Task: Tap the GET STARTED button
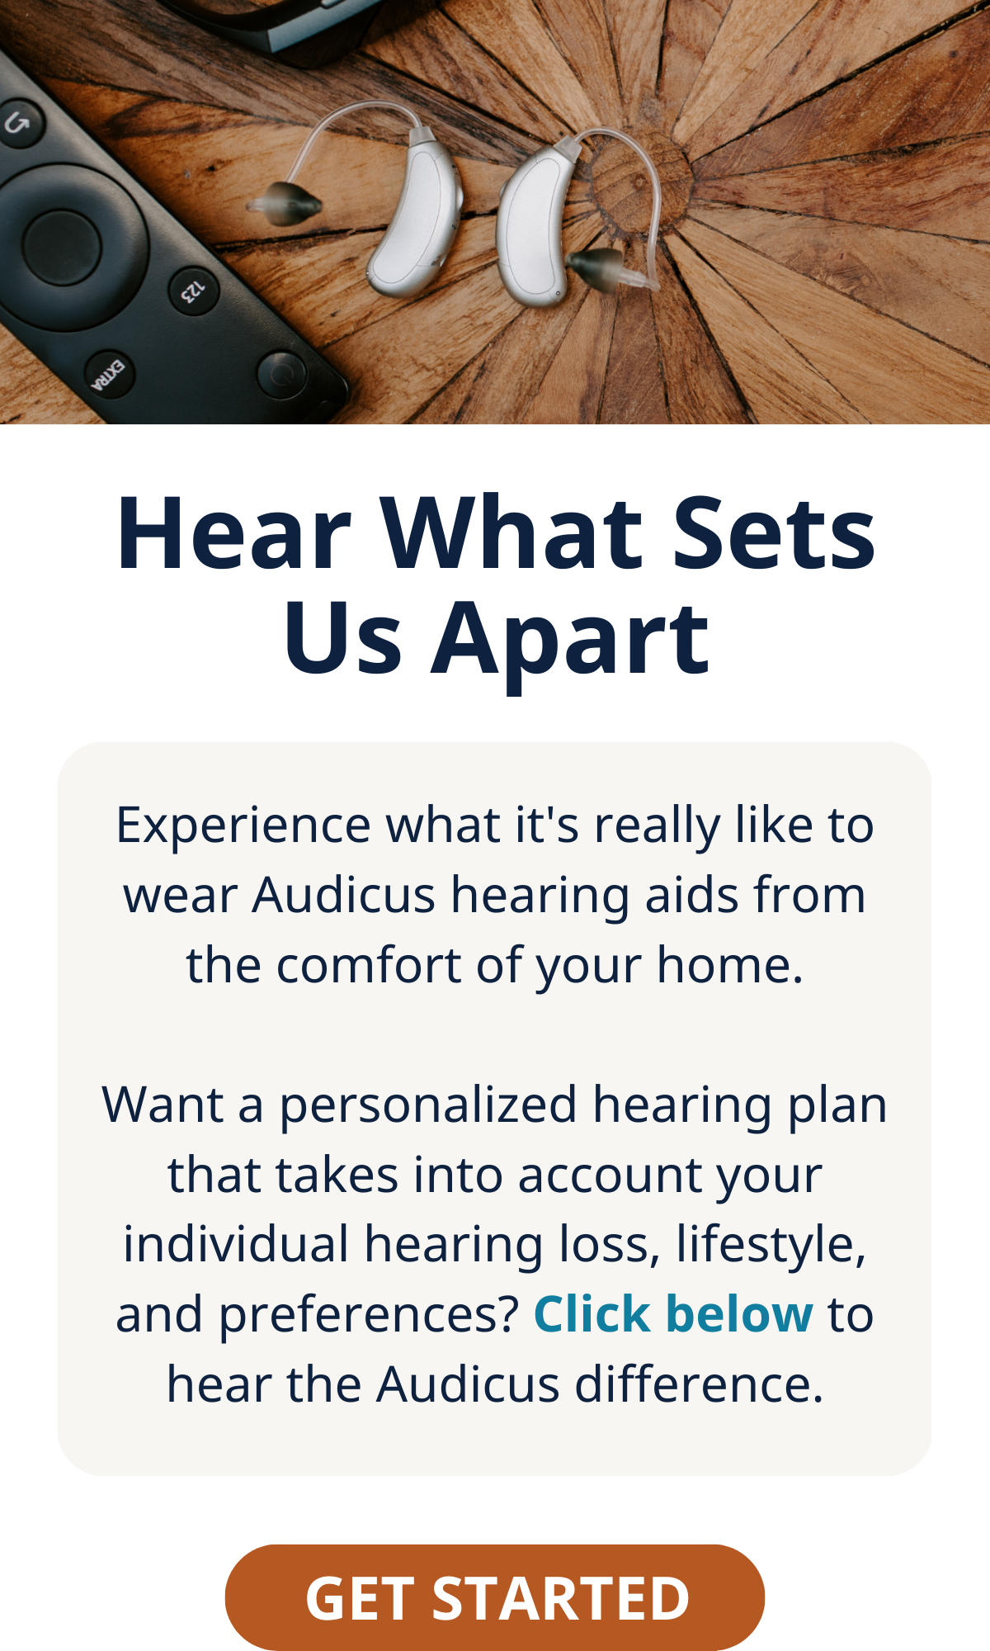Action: [495, 1597]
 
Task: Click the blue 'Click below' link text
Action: [673, 1314]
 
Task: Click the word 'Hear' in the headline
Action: [234, 533]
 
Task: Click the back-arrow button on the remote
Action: [18, 124]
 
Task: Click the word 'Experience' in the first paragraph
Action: [243, 825]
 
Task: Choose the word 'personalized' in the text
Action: [427, 1106]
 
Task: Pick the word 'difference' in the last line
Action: [698, 1385]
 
